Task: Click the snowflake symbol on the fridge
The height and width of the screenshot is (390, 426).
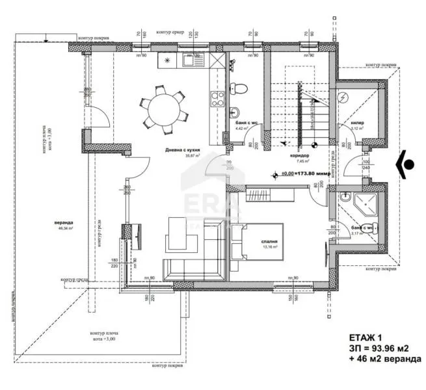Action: click(x=168, y=61)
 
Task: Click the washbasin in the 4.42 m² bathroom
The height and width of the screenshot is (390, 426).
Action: click(x=237, y=110)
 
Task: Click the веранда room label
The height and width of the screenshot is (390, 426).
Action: click(x=64, y=222)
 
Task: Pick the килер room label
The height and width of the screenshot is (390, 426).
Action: click(x=358, y=122)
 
